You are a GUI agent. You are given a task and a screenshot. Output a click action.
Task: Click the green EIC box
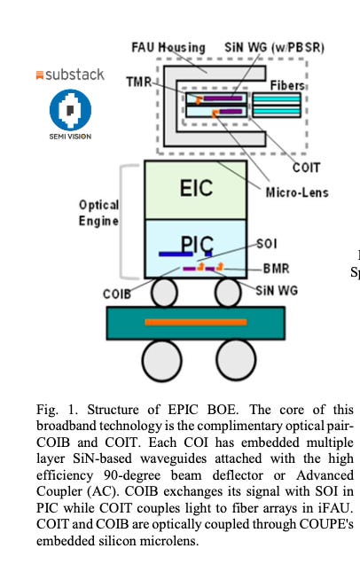pyautogui.click(x=196, y=188)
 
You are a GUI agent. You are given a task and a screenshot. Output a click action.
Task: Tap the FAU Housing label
pyautogui.click(x=168, y=47)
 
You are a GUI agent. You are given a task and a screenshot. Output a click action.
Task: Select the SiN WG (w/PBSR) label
pyautogui.click(x=263, y=47)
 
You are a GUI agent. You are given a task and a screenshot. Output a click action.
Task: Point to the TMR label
pyautogui.click(x=138, y=81)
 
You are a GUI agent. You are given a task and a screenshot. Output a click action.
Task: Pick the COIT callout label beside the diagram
pyautogui.click(x=306, y=166)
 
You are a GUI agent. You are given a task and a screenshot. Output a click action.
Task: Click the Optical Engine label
pyautogui.click(x=98, y=213)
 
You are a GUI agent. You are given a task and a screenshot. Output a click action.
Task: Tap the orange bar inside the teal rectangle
pyautogui.click(x=196, y=322)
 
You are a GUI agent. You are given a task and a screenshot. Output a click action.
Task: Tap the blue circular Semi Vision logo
pyautogui.click(x=69, y=112)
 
